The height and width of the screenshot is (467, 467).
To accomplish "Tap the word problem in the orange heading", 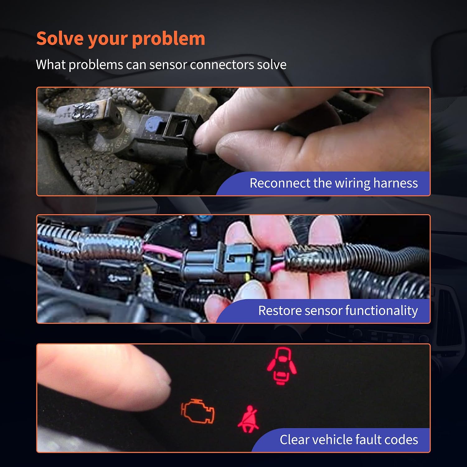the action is (x=168, y=39).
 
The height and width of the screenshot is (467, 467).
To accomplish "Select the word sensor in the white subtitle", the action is (x=167, y=65).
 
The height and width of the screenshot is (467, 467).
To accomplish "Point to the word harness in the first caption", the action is (x=395, y=183).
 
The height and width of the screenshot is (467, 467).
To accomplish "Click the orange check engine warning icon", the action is (x=198, y=411).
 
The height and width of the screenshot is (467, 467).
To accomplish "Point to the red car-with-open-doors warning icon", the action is (x=282, y=366).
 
